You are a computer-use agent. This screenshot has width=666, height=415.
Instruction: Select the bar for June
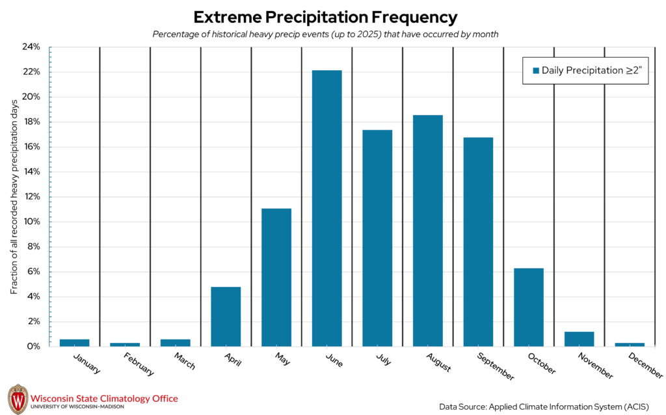pos(326,208)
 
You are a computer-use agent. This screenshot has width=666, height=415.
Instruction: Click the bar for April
pos(226,316)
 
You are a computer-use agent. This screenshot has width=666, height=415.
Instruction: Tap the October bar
pos(528,307)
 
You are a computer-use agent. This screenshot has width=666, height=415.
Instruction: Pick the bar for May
pos(276,277)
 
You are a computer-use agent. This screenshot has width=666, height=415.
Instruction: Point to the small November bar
pos(579,339)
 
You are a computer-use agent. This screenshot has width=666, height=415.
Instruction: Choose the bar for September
pos(478,242)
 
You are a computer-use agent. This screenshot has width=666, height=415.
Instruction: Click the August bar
pos(427,231)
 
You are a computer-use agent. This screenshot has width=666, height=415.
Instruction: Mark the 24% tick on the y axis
pos(31,47)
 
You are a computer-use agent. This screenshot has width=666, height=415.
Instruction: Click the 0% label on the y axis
pos(34,346)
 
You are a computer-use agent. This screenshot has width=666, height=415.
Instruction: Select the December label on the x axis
pos(646,365)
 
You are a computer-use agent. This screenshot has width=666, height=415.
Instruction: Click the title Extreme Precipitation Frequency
pos(325,17)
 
